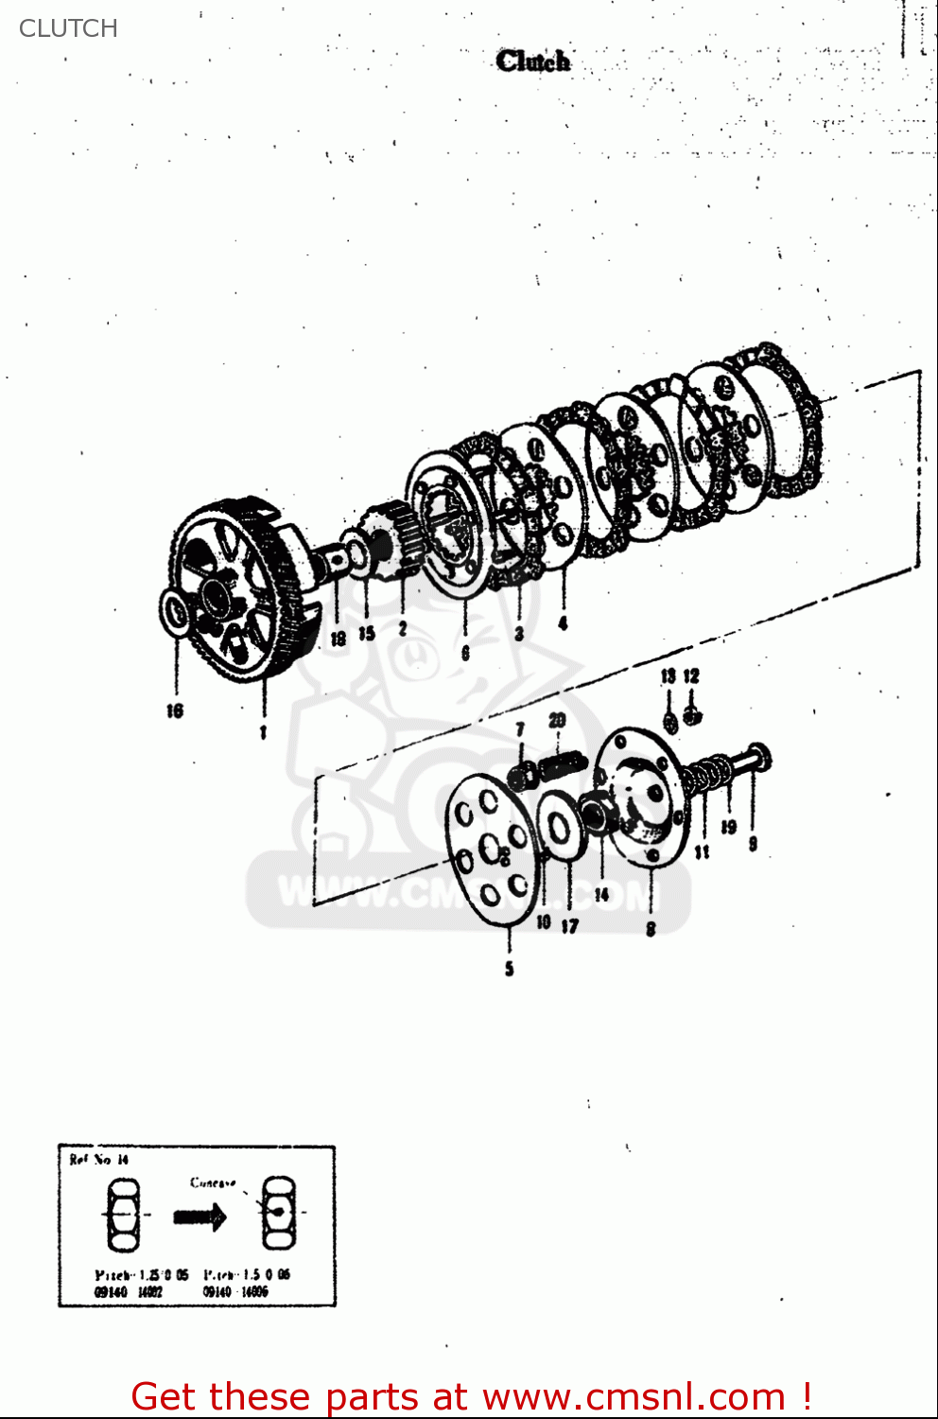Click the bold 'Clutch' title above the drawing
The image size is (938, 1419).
pos(533,61)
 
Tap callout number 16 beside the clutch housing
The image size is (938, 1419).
pos(175,709)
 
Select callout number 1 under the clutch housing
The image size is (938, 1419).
pos(263,731)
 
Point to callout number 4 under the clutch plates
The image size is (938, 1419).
pos(563,622)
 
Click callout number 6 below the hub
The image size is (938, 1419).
pos(465,653)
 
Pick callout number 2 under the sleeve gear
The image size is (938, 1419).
pos(403,628)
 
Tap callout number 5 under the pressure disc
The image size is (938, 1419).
pos(509,968)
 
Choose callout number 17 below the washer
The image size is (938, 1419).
pos(569,926)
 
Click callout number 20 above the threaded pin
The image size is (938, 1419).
pos(557,721)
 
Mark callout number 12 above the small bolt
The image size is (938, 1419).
pos(691,675)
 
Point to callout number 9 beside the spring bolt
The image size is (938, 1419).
pos(753,842)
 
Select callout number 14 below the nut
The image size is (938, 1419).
pos(601,894)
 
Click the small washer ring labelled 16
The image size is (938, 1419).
pos(176,612)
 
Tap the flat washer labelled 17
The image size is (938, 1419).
pos(558,829)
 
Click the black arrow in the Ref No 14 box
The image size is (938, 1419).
pos(200,1217)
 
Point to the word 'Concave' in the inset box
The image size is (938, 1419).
pos(213,1182)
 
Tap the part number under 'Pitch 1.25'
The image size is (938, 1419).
pos(128,1291)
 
